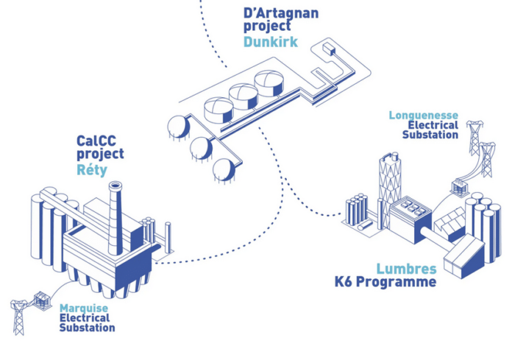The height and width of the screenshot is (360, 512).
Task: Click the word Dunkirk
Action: [271, 42]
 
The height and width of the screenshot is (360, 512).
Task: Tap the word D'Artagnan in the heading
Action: [281, 13]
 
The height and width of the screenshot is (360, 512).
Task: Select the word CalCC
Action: [96, 141]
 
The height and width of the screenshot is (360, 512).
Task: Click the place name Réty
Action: [92, 170]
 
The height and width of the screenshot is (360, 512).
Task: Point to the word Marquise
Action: [84, 308]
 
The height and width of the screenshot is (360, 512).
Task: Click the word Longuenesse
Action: [424, 115]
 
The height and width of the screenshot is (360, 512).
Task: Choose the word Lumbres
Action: [407, 269]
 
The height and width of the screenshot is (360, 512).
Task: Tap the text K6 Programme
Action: [385, 282]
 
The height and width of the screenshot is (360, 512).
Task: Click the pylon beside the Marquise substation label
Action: [18, 317]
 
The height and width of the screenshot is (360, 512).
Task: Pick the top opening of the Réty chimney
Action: [115, 186]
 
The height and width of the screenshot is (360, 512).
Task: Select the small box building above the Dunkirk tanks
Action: [329, 49]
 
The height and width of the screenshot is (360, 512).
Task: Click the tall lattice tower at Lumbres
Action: [390, 189]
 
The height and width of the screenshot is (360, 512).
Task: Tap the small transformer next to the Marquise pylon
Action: [42, 300]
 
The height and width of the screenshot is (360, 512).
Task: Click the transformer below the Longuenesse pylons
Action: [460, 187]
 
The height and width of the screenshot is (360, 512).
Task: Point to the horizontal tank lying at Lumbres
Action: [366, 225]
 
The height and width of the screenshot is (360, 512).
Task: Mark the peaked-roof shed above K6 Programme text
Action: [464, 257]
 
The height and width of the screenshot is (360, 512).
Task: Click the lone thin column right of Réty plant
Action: [168, 238]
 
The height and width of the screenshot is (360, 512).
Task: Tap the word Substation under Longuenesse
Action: [430, 135]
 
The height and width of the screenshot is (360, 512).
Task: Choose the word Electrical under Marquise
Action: [85, 318]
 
